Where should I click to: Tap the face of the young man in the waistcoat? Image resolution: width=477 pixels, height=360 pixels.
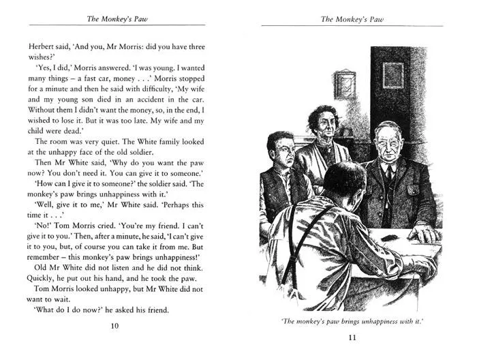click(281, 152)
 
